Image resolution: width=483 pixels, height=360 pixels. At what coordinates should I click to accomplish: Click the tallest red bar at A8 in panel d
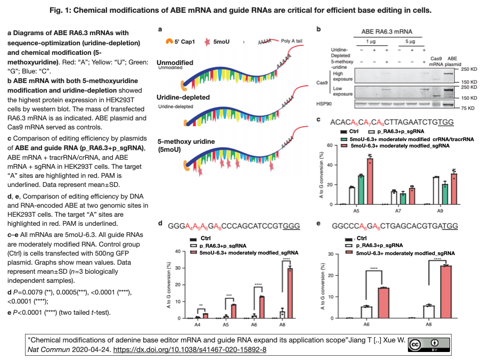(x=290, y=293)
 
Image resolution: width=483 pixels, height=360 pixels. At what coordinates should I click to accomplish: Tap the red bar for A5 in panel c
(x=370, y=182)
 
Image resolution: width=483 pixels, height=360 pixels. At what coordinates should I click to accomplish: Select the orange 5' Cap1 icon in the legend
(x=169, y=40)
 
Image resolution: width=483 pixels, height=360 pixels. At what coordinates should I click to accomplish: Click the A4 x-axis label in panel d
(x=198, y=324)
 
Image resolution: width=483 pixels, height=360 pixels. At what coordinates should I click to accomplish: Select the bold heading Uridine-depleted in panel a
(x=183, y=98)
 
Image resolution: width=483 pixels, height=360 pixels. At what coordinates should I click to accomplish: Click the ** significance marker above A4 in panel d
(x=201, y=306)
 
